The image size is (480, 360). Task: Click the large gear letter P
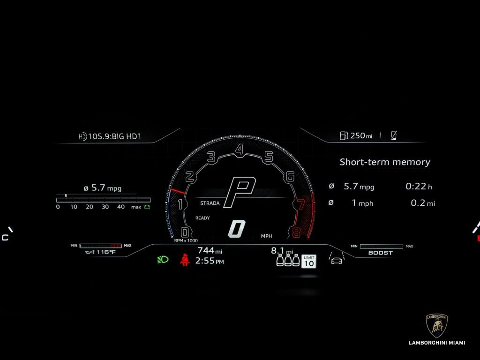240,192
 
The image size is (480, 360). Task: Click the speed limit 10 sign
308,261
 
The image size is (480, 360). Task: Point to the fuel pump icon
344,136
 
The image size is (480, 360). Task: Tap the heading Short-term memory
385,162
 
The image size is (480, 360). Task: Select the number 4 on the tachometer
240,150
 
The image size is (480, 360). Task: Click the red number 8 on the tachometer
296,232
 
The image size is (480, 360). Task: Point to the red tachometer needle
178,192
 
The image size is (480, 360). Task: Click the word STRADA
210,203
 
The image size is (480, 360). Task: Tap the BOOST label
381,253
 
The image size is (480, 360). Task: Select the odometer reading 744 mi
210,251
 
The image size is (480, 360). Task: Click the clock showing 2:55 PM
210,261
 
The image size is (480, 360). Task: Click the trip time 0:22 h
419,187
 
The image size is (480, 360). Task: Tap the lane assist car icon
336,259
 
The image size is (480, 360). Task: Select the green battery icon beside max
147,207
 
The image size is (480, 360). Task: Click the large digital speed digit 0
237,229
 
